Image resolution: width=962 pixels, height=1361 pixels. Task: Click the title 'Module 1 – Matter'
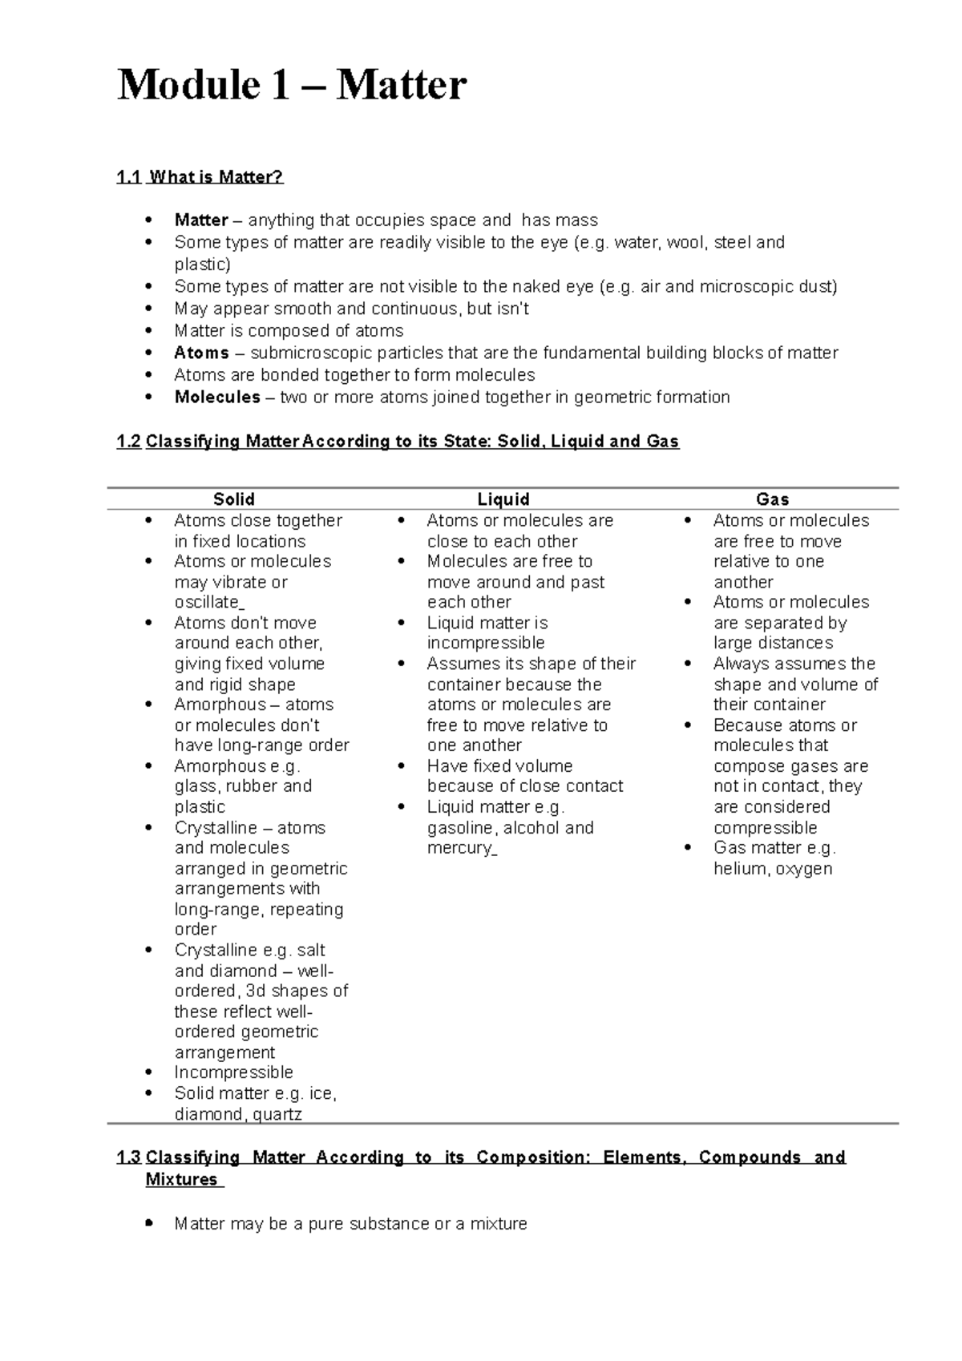(292, 86)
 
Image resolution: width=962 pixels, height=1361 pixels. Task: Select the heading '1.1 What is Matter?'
(200, 177)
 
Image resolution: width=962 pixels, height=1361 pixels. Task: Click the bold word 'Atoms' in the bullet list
(201, 353)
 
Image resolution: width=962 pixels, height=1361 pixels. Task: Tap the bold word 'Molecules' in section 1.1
(216, 398)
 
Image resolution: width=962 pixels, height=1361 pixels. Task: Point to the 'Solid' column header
(233, 499)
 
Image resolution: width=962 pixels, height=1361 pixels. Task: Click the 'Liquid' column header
(503, 499)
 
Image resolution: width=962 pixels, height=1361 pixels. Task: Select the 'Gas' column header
(772, 499)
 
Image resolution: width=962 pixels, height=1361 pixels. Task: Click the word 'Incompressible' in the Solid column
(233, 1072)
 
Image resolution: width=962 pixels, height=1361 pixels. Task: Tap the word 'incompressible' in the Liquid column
(485, 643)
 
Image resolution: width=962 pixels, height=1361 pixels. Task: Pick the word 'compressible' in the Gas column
(765, 827)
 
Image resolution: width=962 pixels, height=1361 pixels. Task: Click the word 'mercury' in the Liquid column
(459, 848)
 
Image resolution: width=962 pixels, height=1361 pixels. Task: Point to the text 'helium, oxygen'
(772, 869)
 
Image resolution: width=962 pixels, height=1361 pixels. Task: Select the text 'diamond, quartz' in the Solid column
(238, 1114)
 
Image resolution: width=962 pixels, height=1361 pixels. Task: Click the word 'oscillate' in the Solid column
(207, 602)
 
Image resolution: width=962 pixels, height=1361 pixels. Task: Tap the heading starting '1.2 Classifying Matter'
(398, 442)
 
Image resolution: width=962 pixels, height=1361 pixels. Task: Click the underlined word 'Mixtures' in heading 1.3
(181, 1180)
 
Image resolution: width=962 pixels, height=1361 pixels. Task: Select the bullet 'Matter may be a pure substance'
(350, 1224)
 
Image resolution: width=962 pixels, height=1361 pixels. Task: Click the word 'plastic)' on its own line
(202, 265)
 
